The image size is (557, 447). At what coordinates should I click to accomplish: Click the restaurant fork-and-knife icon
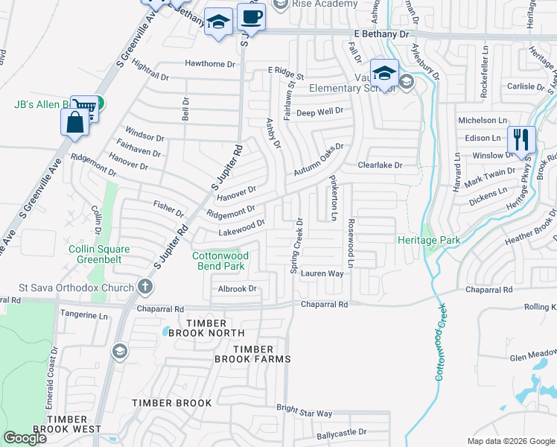tap(521, 139)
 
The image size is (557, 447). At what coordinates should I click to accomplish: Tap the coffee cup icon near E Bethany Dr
tap(251, 17)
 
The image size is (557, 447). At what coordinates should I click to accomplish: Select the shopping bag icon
tap(75, 122)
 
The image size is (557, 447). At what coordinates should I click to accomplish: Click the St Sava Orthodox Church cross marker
tap(145, 288)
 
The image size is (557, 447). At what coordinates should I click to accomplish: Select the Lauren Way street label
tap(322, 274)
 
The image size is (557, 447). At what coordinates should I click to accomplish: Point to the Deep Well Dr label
tap(319, 112)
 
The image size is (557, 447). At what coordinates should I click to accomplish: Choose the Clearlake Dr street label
tap(380, 165)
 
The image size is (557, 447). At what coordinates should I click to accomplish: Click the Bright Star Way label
tap(305, 412)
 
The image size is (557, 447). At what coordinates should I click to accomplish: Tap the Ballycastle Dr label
tap(341, 432)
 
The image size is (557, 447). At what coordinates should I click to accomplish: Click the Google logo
tap(25, 438)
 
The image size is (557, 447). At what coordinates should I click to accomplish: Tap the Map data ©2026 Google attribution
tap(510, 441)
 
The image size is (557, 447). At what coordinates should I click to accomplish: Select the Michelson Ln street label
tap(482, 120)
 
